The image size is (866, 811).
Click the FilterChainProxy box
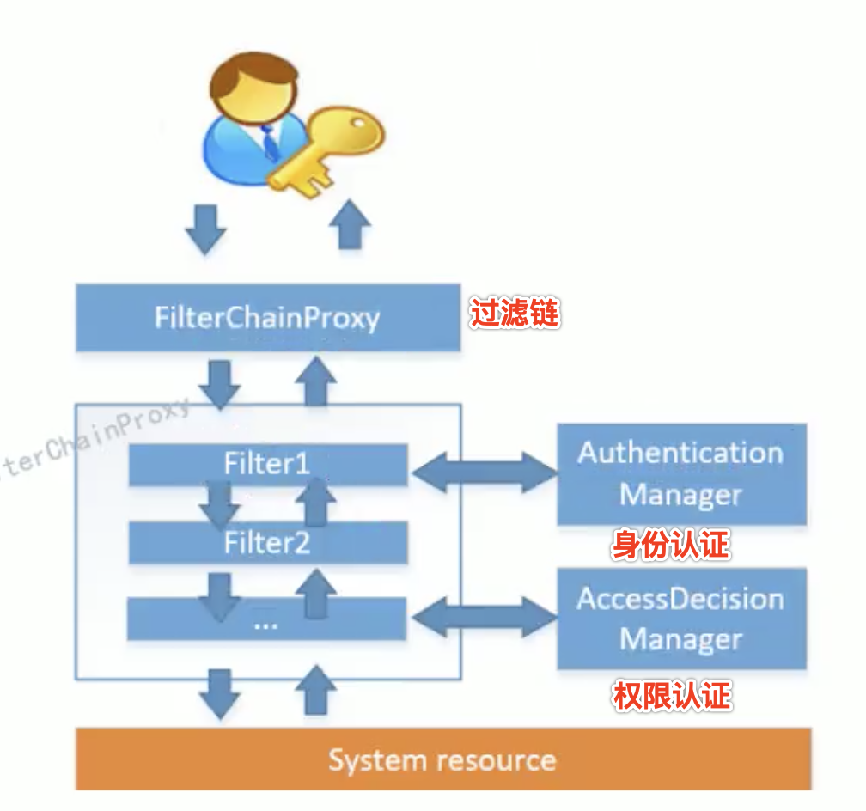(x=267, y=318)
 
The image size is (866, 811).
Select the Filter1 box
(x=267, y=465)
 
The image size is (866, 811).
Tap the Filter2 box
(x=267, y=543)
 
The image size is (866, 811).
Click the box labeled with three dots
(x=266, y=620)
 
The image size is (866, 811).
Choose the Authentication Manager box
(x=681, y=473)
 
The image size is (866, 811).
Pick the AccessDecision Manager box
(x=681, y=619)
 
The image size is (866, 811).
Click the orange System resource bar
(x=442, y=759)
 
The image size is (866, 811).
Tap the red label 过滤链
(x=514, y=314)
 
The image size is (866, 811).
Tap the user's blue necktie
(x=270, y=143)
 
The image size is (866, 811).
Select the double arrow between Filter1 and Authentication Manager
(x=483, y=473)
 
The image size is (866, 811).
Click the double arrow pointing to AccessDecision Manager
(x=483, y=617)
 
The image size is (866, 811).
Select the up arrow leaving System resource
(x=317, y=691)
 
